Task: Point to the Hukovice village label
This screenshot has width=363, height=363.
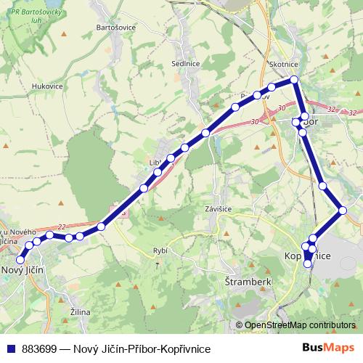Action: point(47,86)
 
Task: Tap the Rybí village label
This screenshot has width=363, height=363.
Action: point(160,250)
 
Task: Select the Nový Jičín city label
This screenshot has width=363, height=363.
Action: point(24,270)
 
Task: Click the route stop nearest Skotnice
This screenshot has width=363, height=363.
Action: point(294,79)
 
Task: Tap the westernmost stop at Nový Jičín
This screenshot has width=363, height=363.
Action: point(20,259)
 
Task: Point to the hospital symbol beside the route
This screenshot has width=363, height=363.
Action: point(121,213)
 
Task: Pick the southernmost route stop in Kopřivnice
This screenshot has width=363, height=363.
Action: point(308,264)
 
